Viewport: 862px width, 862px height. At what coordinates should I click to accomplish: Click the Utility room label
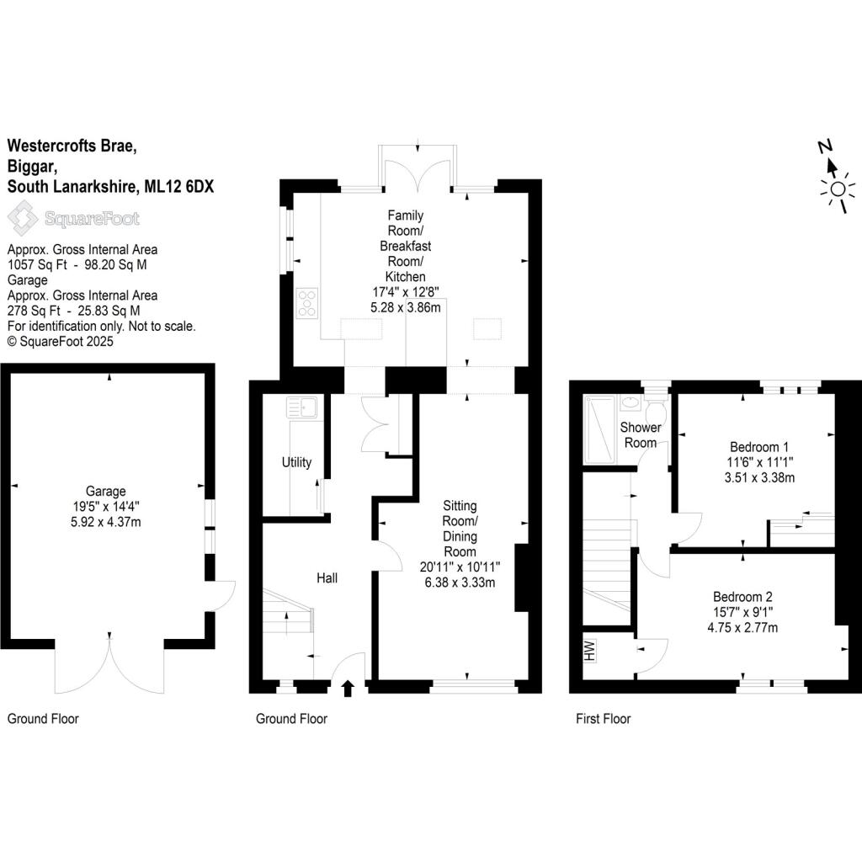coord(296,462)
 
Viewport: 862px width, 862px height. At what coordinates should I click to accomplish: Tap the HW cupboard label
coord(589,649)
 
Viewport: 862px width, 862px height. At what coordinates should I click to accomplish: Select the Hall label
coord(327,578)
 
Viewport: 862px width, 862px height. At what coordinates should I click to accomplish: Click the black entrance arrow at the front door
coord(349,689)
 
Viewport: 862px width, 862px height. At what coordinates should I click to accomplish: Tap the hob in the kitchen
coord(307,303)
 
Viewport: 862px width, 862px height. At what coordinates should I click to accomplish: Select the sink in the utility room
coord(301,408)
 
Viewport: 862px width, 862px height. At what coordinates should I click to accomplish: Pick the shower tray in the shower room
coord(600,428)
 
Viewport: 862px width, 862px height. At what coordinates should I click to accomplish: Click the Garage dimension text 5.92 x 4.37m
coord(105,521)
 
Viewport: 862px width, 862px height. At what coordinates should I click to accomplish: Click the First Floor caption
coord(603,719)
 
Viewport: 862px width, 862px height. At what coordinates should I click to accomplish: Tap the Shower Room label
coord(639,435)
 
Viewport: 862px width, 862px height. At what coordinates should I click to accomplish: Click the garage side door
coord(221,596)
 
